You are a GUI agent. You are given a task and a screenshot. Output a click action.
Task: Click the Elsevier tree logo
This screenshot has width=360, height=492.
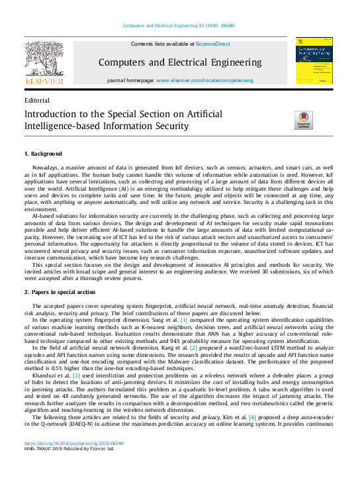(44, 62)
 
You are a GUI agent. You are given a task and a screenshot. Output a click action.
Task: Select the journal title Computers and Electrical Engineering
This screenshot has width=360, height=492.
(180, 62)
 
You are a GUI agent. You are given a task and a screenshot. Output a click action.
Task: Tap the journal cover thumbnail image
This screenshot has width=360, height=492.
(314, 61)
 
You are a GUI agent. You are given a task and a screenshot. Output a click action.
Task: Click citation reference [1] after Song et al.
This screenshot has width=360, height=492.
(175, 319)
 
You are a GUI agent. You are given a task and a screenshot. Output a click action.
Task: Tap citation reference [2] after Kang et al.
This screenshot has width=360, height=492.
(193, 346)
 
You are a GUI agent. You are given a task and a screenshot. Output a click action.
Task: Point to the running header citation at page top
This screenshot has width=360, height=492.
(179, 26)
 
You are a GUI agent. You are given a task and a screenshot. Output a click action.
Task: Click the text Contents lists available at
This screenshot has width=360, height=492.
(162, 44)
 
